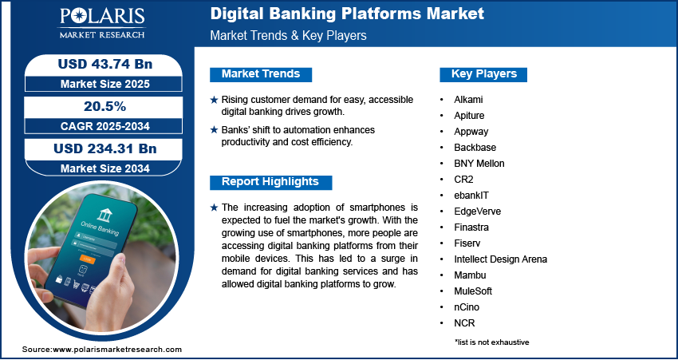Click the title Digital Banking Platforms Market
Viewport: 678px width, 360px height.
[x=348, y=14]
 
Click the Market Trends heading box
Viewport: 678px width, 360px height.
[x=261, y=74]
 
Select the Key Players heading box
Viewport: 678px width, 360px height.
[x=484, y=74]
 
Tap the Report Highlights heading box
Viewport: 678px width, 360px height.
[x=270, y=181]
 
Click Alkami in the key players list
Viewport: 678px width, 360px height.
[x=468, y=100]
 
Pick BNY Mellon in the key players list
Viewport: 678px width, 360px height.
[x=479, y=164]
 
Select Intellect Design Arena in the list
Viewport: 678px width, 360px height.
[x=501, y=259]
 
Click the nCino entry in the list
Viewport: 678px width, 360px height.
[x=467, y=307]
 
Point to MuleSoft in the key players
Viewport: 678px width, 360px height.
[x=474, y=291]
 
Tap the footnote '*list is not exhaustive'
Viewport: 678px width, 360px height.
[x=491, y=342]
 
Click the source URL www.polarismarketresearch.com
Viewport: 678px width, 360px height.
[x=117, y=350]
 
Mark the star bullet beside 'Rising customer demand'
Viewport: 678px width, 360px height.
[x=214, y=100]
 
